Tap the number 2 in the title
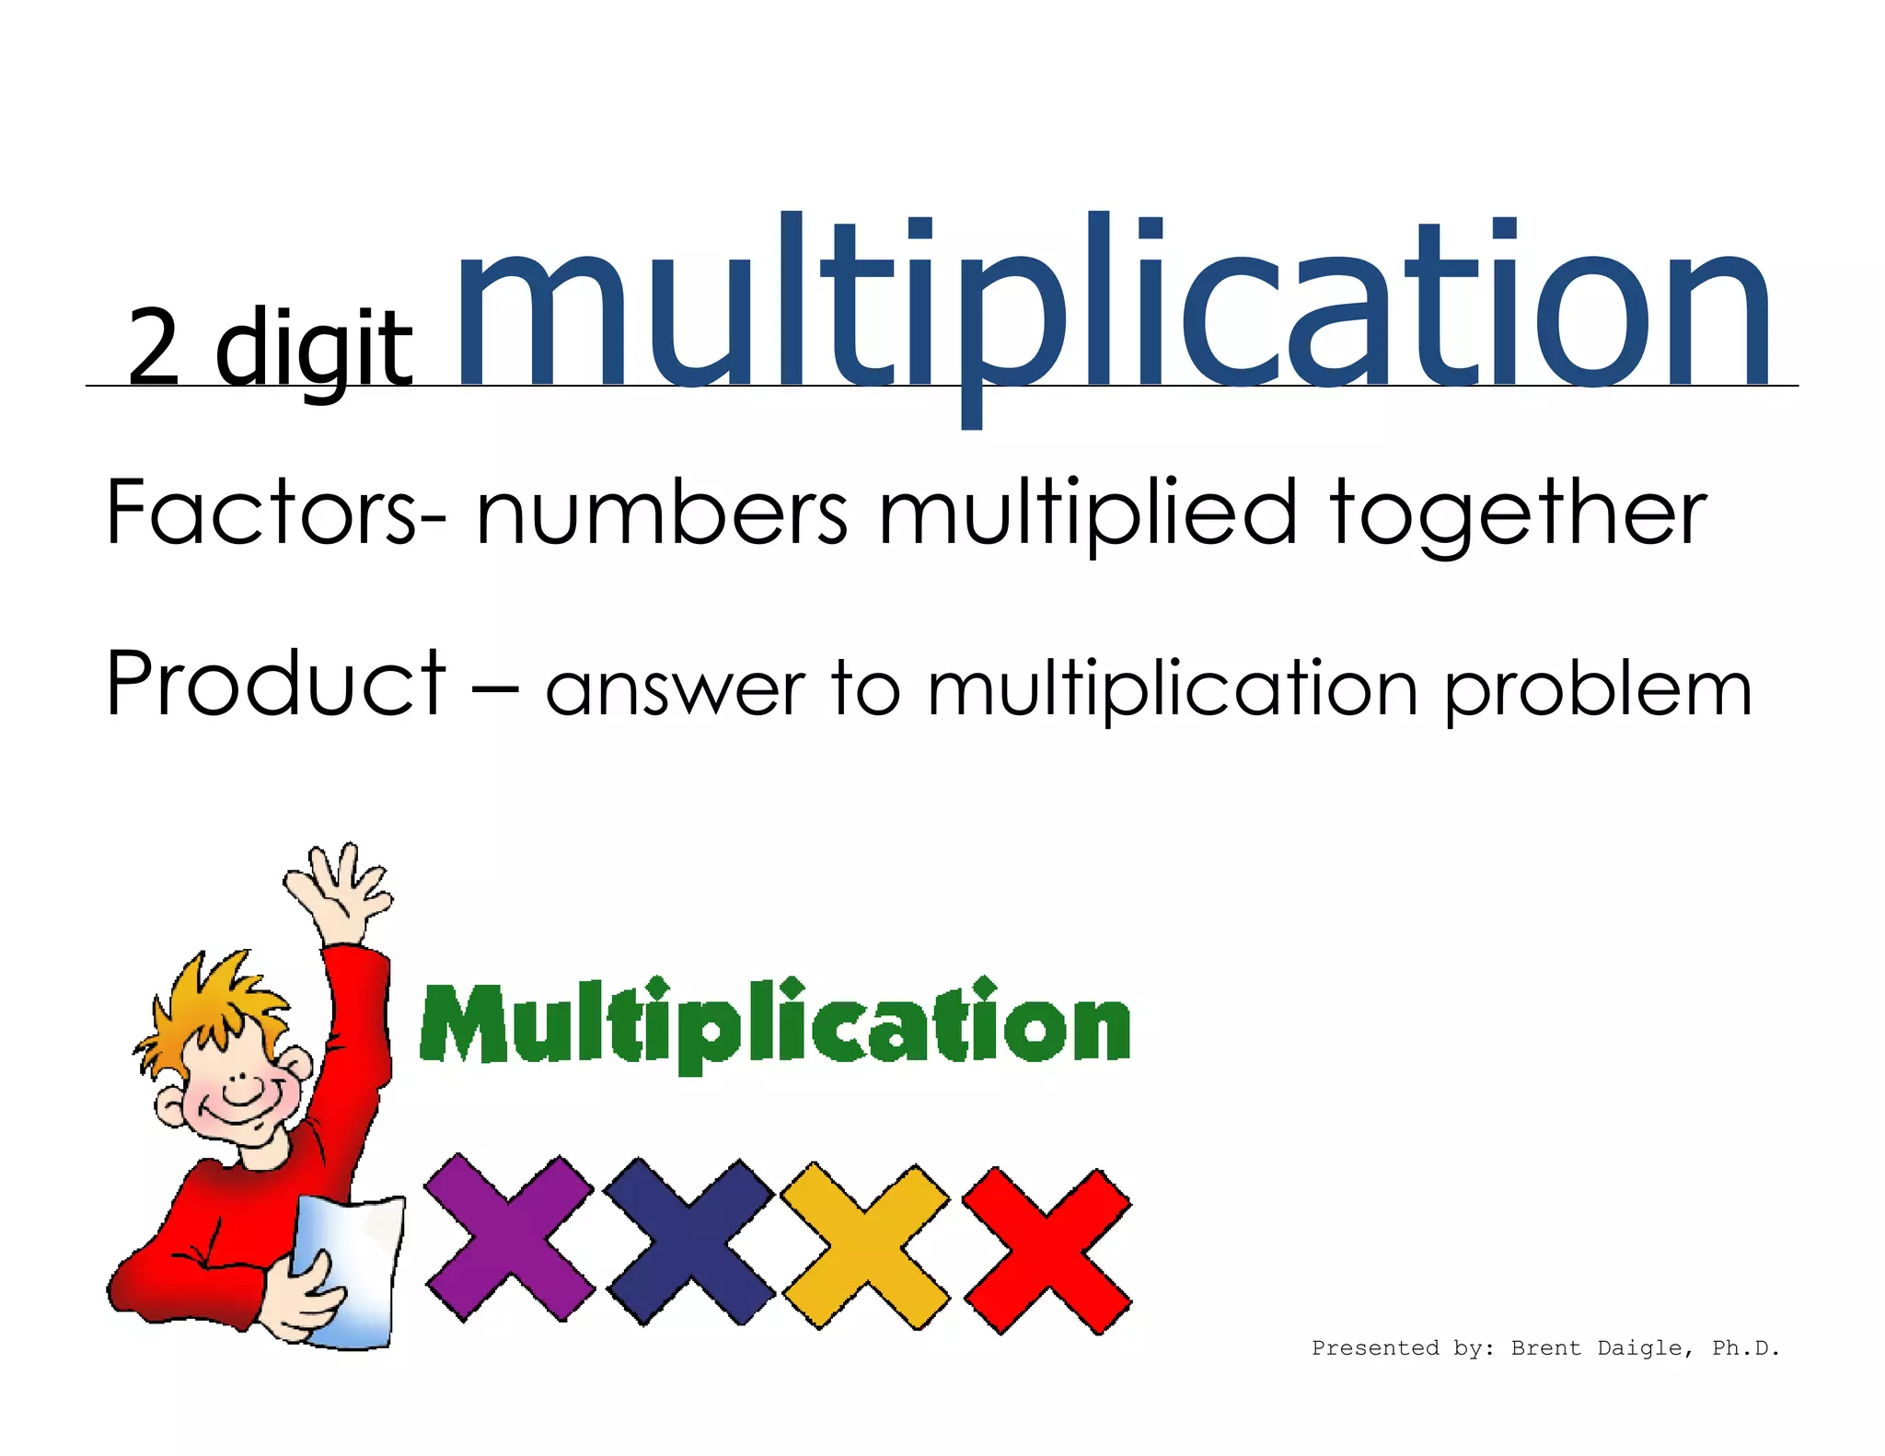coord(154,347)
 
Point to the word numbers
coord(661,512)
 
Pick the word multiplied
coord(1087,514)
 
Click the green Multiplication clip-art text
coord(775,1024)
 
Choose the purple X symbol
coord(509,1239)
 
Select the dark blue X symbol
coord(689,1242)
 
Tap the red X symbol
coord(1047,1250)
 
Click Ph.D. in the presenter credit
coord(1745,1348)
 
